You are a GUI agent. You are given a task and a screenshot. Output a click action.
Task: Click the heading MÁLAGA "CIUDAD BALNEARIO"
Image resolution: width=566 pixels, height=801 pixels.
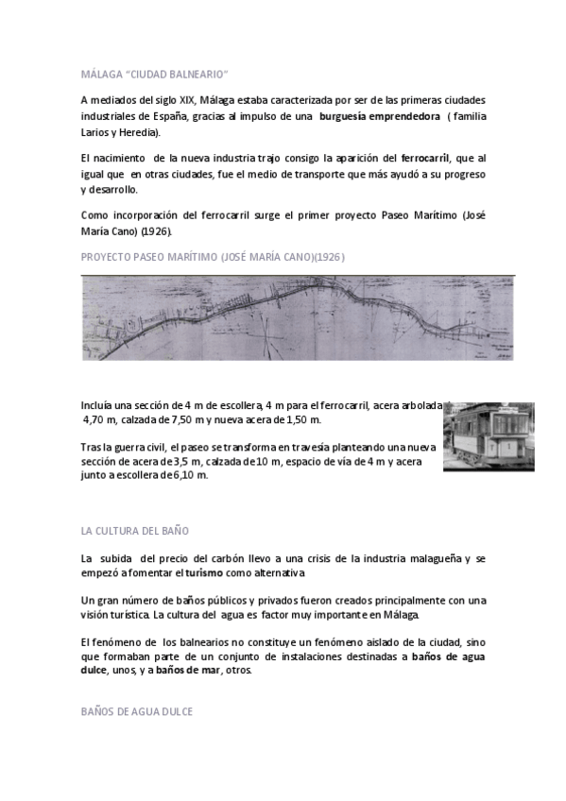click(x=154, y=73)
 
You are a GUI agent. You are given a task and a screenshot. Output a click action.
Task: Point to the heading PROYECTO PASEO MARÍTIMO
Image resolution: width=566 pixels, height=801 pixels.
click(x=218, y=257)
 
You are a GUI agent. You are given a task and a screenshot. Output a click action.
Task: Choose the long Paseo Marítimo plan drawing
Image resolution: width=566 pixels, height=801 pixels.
click(x=298, y=317)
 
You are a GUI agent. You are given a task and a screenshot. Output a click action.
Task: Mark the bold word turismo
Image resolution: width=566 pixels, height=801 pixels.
click(x=207, y=573)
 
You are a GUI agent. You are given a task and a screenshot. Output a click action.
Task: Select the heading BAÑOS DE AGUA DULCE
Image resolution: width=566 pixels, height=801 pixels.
click(x=136, y=710)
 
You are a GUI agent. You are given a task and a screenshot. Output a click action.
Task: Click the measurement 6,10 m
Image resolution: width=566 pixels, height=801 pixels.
click(x=188, y=475)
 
